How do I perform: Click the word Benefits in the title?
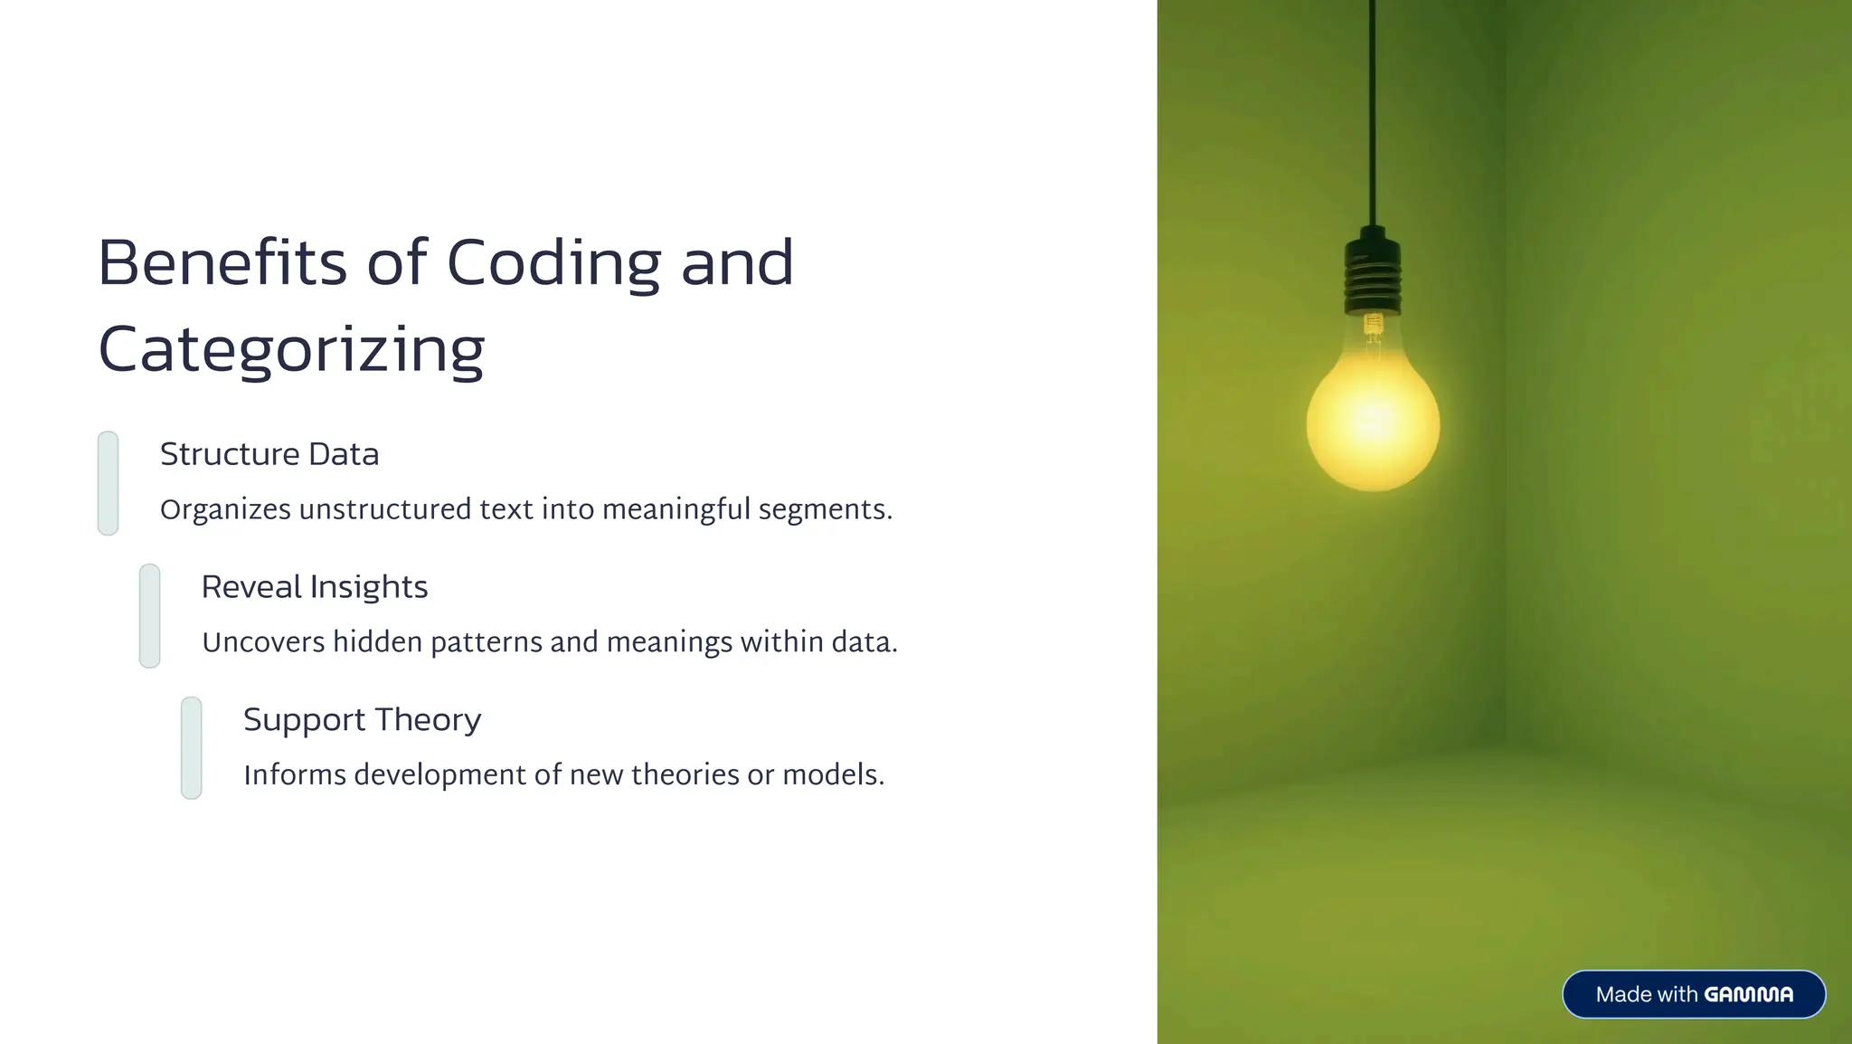tap(222, 263)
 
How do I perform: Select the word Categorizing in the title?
tap(291, 351)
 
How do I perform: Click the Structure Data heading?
tap(269, 454)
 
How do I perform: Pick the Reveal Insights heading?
tap(314, 587)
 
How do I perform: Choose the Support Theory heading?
tap(362, 720)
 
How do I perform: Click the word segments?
tap(824, 510)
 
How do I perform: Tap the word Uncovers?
tap(263, 642)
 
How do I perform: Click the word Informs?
tap(295, 775)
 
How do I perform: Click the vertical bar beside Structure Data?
tap(108, 483)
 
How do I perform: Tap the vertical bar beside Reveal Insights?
tap(149, 616)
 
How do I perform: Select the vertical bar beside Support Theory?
tap(191, 748)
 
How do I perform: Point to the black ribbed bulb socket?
tap(1373, 271)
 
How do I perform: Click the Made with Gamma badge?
tap(1693, 994)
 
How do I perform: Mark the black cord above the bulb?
tap(1373, 109)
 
